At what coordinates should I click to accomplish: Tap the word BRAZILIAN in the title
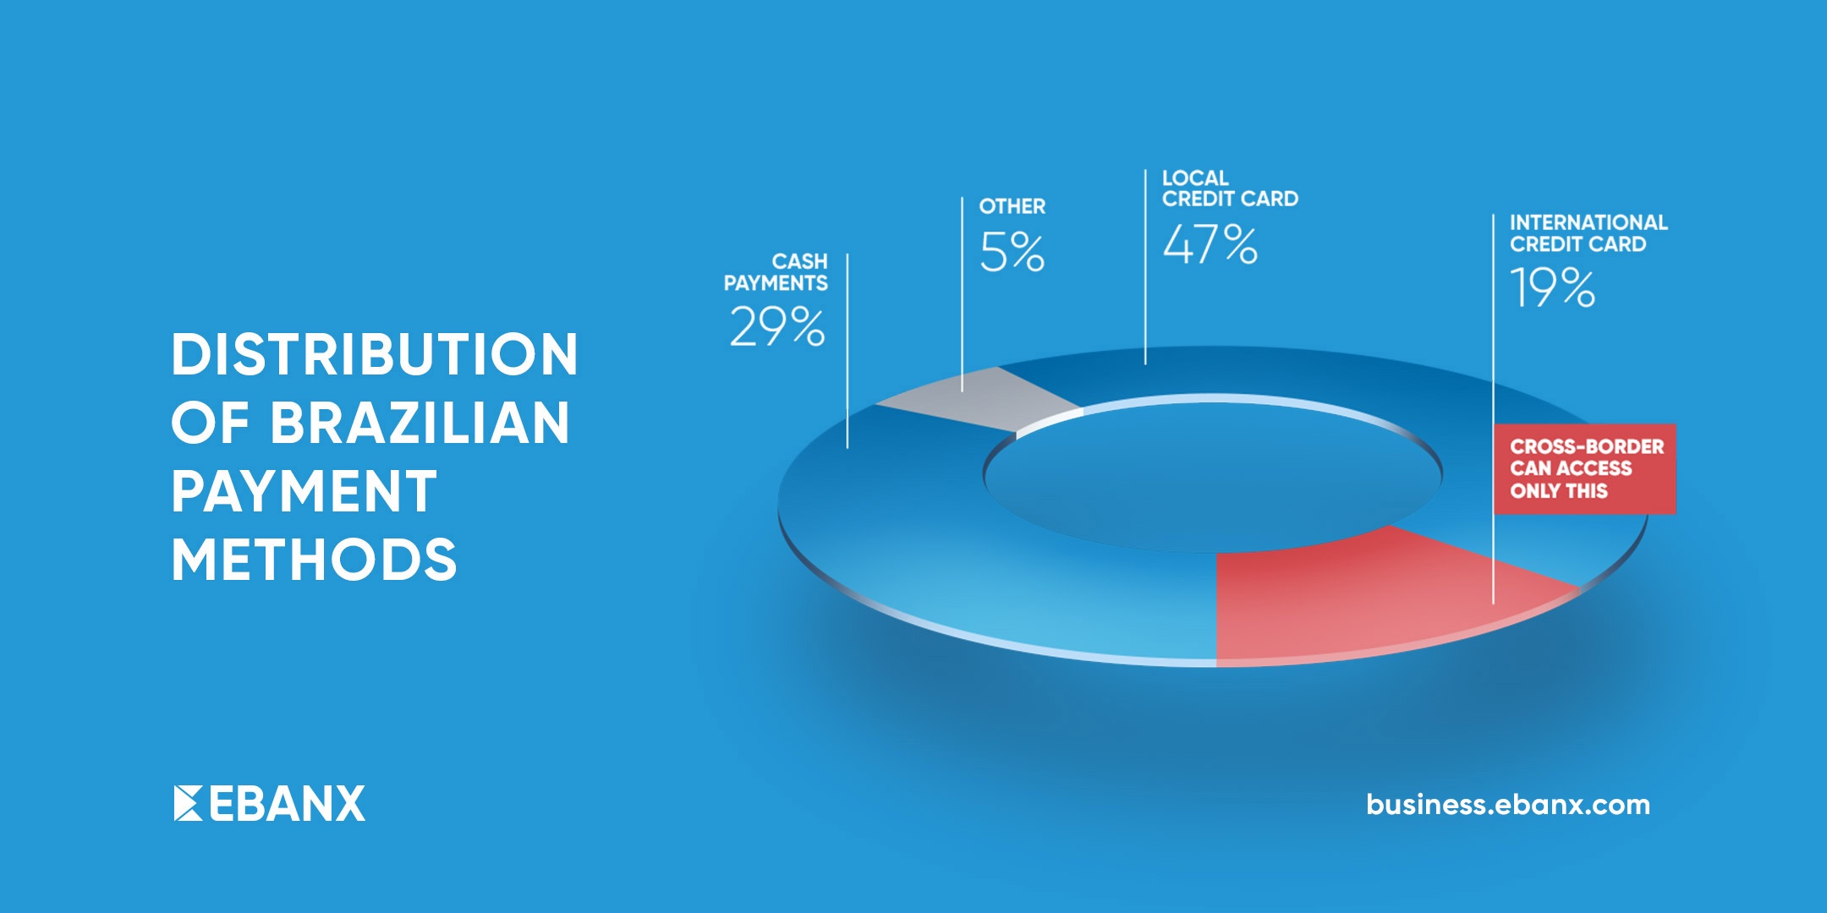click(420, 423)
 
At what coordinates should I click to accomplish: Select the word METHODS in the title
click(314, 560)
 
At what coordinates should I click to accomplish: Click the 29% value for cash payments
click(777, 327)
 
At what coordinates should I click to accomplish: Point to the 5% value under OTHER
click(1012, 252)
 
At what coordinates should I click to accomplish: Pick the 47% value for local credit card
click(1210, 244)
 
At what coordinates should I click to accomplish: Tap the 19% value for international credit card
click(1553, 287)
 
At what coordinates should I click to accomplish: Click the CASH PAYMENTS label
click(776, 272)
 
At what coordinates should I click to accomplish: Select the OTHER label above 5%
click(1012, 206)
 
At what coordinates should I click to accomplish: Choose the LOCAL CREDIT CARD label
click(1230, 189)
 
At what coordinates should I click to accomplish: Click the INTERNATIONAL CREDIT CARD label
click(1588, 233)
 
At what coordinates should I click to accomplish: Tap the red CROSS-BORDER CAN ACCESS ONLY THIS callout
click(1584, 468)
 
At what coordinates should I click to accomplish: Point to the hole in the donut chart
click(1213, 473)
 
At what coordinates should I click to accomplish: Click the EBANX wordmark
click(287, 803)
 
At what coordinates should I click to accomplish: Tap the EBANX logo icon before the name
click(188, 803)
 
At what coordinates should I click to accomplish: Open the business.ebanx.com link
click(1508, 804)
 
